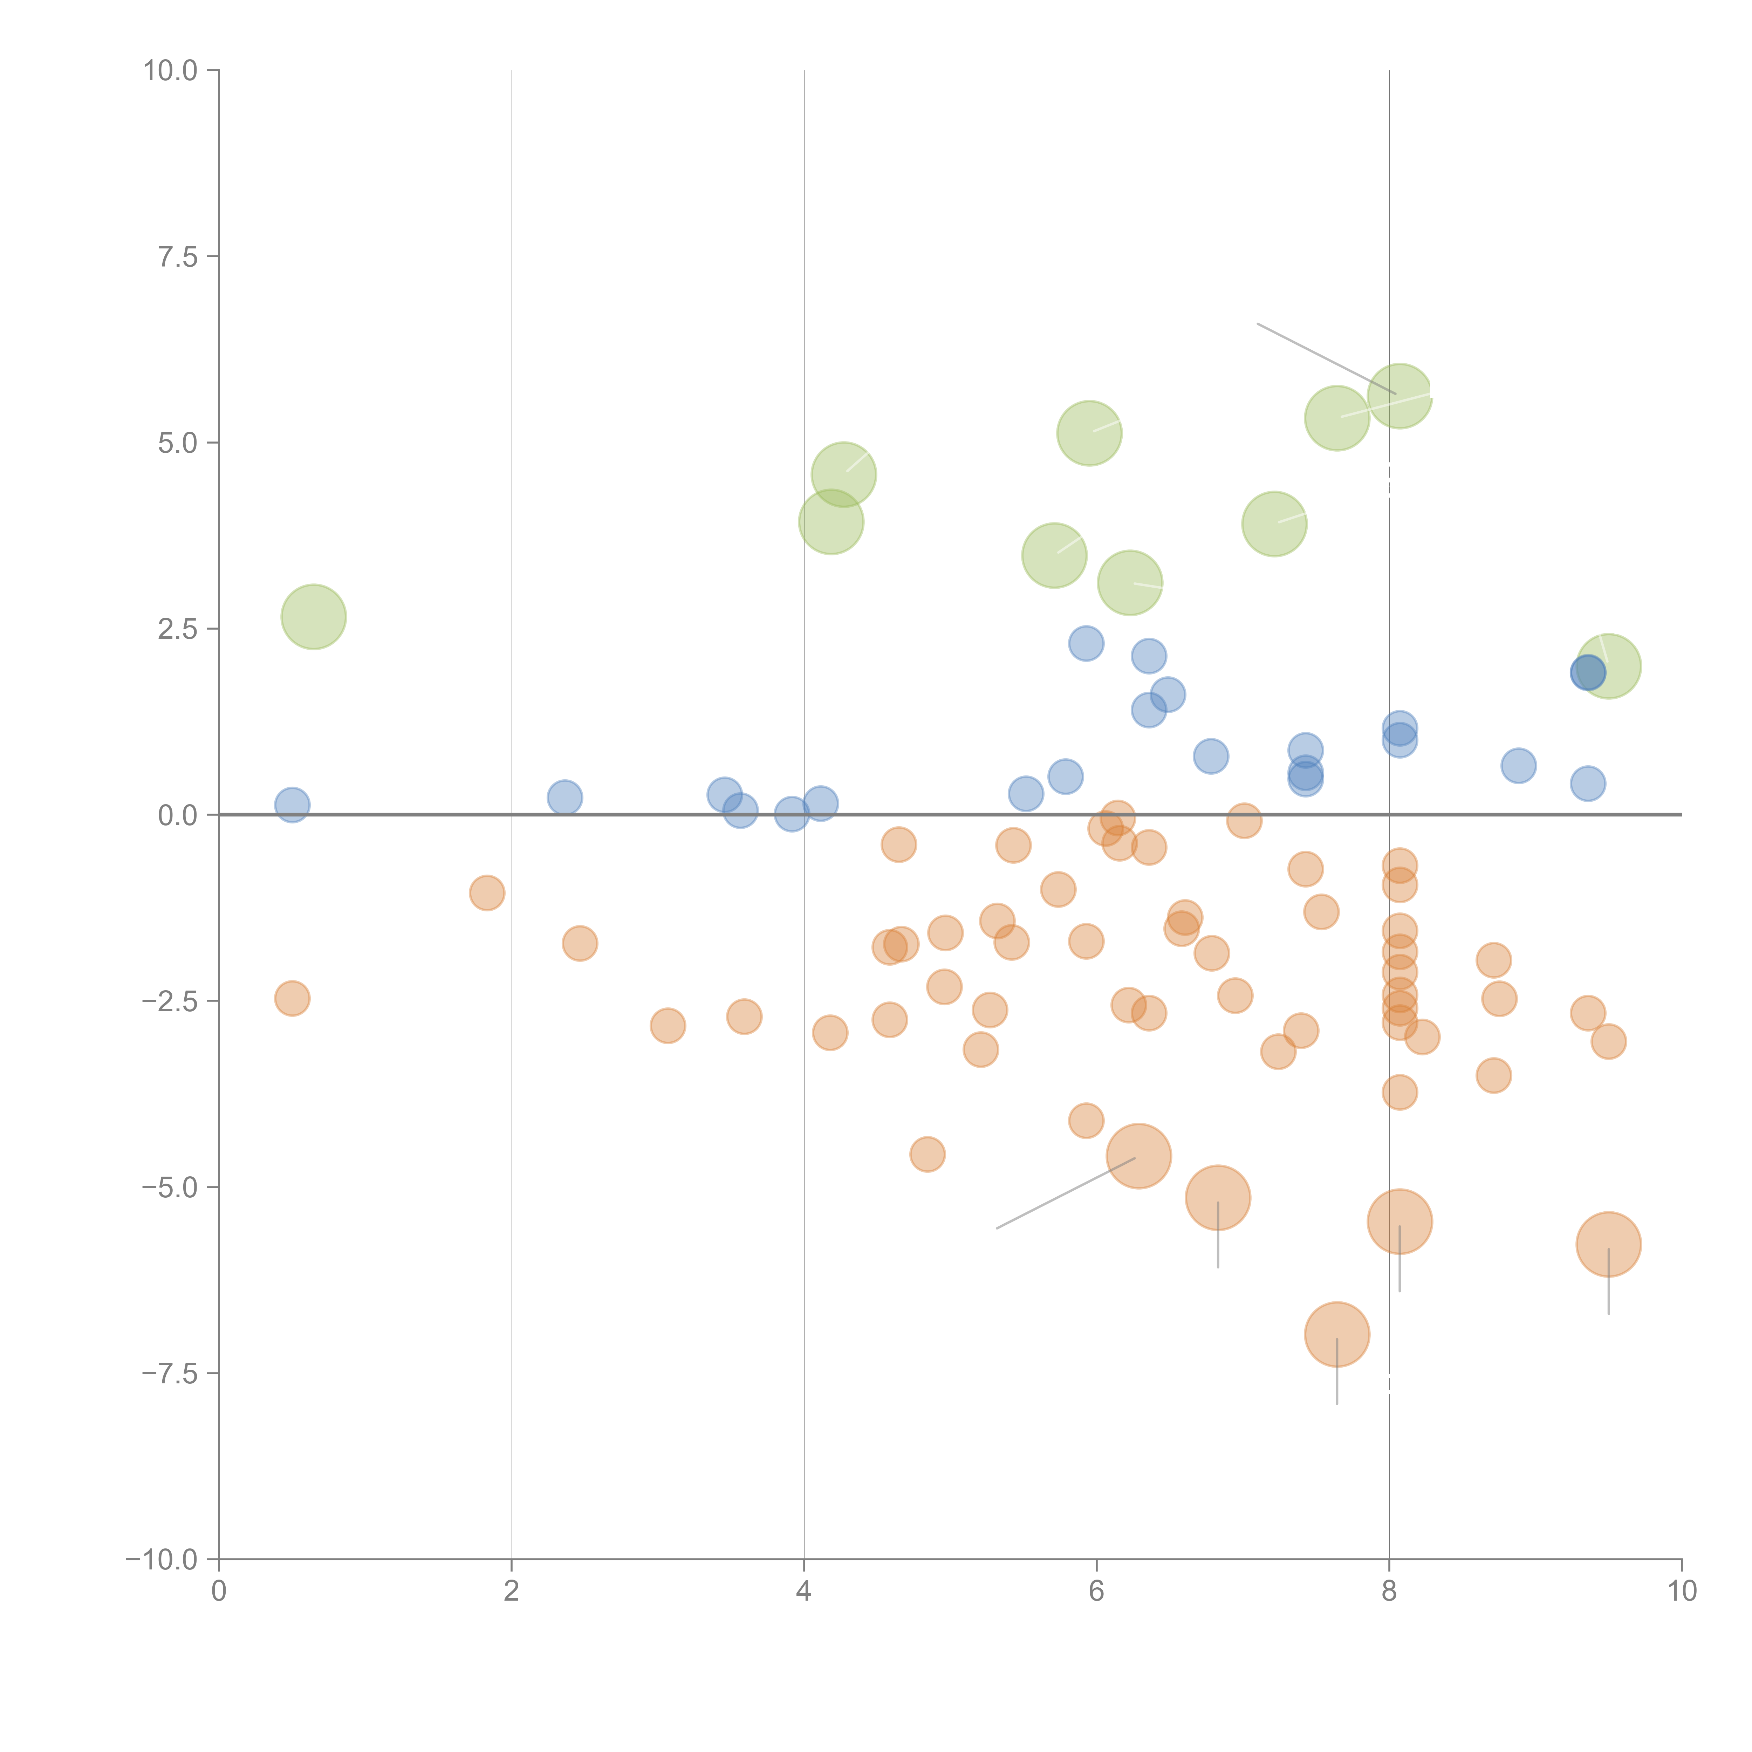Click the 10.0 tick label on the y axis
pyautogui.click(x=171, y=71)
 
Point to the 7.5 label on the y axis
pyautogui.click(x=178, y=256)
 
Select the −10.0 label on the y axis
pyautogui.click(x=162, y=1560)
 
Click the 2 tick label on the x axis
pyautogui.click(x=512, y=1592)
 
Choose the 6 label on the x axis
pyautogui.click(x=1096, y=1592)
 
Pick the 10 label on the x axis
pyautogui.click(x=1681, y=1592)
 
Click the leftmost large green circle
pyautogui.click(x=314, y=617)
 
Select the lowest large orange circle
pyautogui.click(x=1337, y=1334)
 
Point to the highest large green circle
pyautogui.click(x=1399, y=395)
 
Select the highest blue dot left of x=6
pyautogui.click(x=1086, y=643)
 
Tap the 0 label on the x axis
pyautogui.click(x=219, y=1592)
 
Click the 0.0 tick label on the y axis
pyautogui.click(x=178, y=815)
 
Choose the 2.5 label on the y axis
pyautogui.click(x=178, y=629)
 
